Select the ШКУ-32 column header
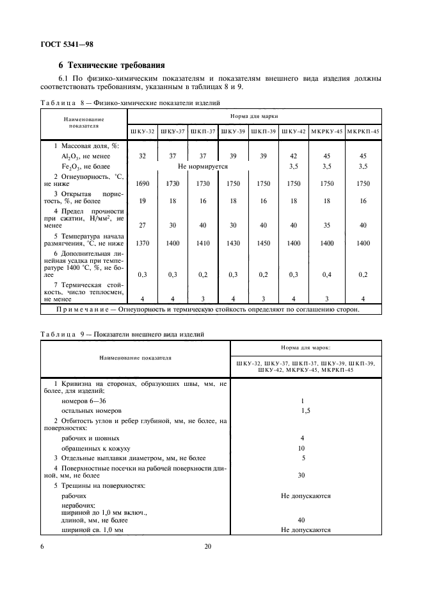(x=142, y=131)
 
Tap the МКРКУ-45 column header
(x=326, y=131)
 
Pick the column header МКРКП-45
(x=363, y=131)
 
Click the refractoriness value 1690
(x=142, y=183)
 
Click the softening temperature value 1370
(x=142, y=244)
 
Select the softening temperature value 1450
(x=263, y=244)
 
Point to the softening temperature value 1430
(x=233, y=244)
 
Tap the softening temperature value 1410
(x=203, y=244)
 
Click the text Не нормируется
(x=203, y=165)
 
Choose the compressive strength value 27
(x=142, y=225)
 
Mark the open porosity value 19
(x=142, y=201)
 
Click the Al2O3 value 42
(x=294, y=156)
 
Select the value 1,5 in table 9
(x=305, y=410)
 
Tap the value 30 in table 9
(x=301, y=475)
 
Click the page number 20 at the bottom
(x=207, y=546)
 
